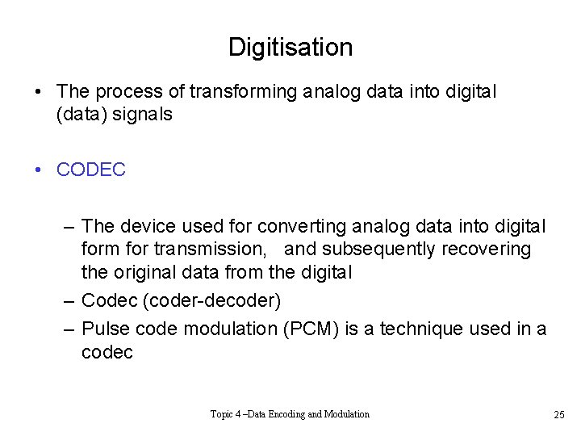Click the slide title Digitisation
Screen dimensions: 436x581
[x=290, y=47]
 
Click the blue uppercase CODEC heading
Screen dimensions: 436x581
[x=91, y=170]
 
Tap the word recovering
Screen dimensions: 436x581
[x=486, y=249]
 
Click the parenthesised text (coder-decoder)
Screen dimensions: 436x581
[x=211, y=301]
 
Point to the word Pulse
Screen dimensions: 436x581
[x=105, y=329]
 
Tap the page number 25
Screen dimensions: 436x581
[x=558, y=415]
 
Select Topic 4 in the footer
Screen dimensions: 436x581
[x=227, y=414]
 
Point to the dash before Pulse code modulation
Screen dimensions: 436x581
[x=69, y=329]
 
